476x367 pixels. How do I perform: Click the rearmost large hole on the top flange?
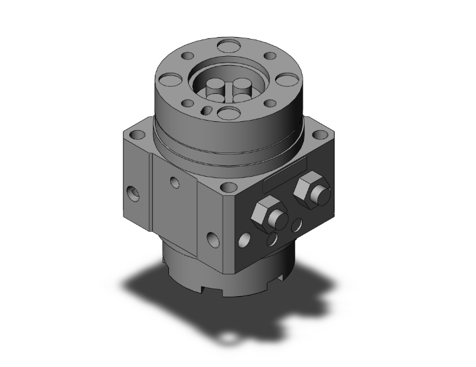[226, 46]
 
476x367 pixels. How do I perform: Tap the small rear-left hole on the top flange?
[191, 59]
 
